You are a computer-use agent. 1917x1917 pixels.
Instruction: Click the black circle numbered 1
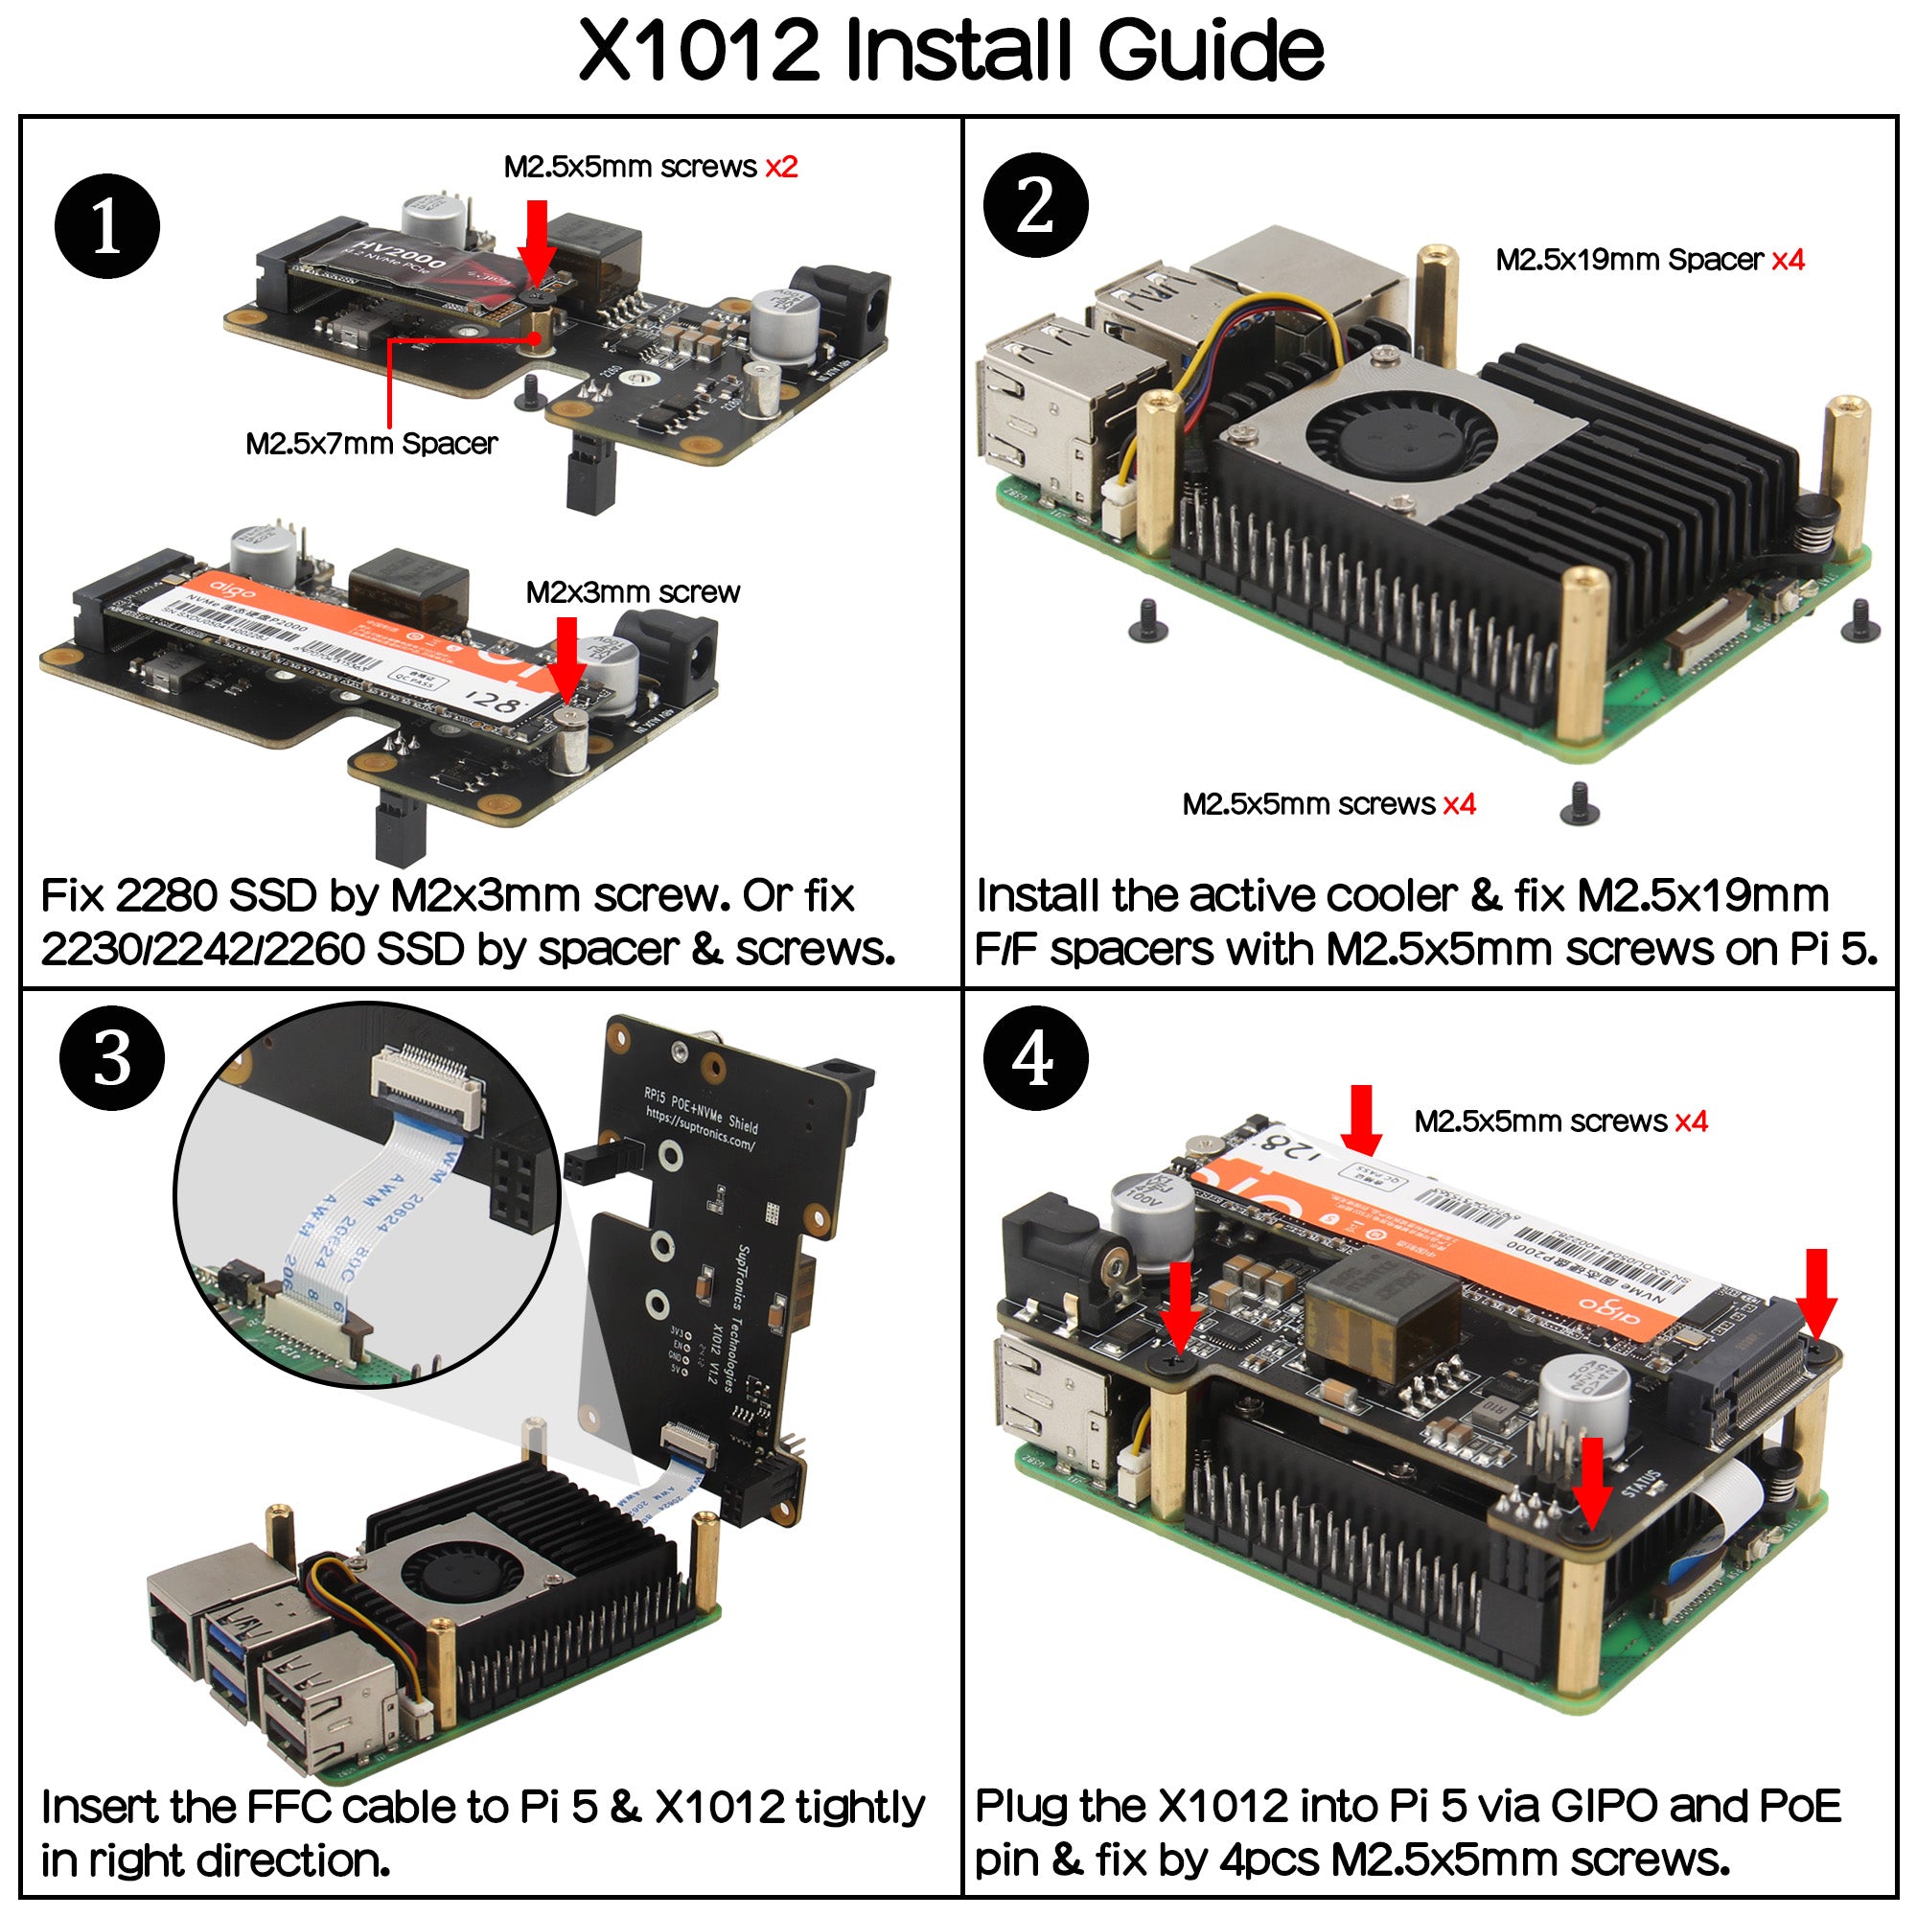(107, 226)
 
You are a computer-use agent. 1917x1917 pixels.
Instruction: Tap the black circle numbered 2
(1035, 205)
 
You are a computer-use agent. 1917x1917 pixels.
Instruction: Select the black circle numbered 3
(112, 1058)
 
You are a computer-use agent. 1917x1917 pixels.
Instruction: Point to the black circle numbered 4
(1035, 1058)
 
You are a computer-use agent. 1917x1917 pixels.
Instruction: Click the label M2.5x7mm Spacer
(371, 444)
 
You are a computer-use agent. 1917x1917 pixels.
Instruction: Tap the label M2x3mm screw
(632, 592)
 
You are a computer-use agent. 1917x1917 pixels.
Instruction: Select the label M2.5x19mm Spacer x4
(1649, 260)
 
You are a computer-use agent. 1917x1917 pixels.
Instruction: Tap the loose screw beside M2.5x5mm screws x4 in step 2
(1579, 804)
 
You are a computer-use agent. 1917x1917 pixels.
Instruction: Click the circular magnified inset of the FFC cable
(367, 1195)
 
